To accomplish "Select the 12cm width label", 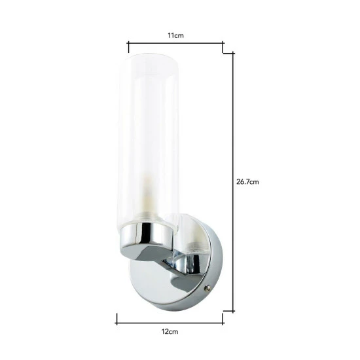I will coord(170,333).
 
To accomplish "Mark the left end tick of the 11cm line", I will coord(128,45).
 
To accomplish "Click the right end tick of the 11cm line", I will coord(223,45).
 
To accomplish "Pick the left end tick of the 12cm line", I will coord(117,319).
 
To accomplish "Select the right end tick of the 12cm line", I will coord(223,319).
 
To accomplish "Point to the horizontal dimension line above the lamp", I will coord(175,45).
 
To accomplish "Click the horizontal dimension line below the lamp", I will coord(170,319).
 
